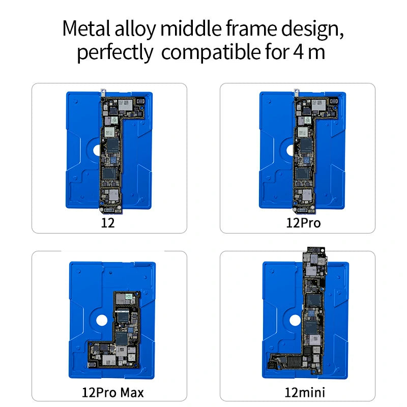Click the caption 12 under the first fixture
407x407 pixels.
click(108, 223)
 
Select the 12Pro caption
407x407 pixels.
click(304, 223)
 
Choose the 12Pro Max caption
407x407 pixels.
click(113, 392)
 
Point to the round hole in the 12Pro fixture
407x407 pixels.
click(288, 151)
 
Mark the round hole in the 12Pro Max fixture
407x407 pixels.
click(100, 321)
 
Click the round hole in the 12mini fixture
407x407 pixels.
click(294, 321)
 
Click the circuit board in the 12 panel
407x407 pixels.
click(110, 153)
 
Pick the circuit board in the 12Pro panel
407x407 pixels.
click(304, 153)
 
